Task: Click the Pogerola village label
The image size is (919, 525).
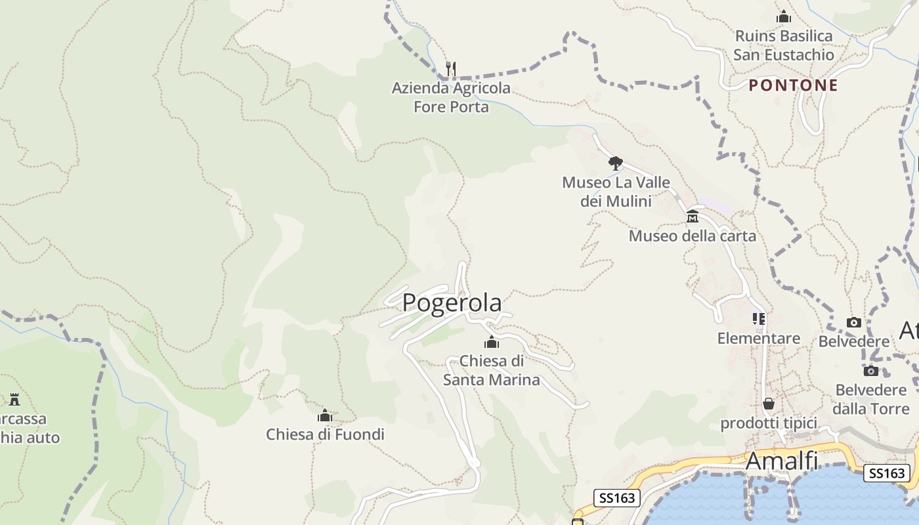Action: (452, 303)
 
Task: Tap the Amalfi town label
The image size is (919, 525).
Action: (782, 461)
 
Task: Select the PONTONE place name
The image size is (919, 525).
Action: (794, 85)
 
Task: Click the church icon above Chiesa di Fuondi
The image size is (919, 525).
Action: (325, 415)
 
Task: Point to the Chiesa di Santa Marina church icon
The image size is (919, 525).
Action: (491, 342)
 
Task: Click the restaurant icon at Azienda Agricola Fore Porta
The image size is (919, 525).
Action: (451, 68)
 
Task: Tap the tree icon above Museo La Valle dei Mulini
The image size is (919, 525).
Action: (615, 163)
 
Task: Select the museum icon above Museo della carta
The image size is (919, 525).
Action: (693, 217)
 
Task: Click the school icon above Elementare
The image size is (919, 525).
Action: (759, 320)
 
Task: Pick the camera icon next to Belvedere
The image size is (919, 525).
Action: (853, 322)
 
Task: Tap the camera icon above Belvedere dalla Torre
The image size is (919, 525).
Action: (871, 371)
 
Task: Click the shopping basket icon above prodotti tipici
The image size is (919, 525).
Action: (768, 404)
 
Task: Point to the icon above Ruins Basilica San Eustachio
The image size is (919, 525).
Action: (783, 17)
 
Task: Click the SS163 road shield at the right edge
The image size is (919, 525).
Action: (886, 473)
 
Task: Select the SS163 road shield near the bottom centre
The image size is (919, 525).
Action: (617, 498)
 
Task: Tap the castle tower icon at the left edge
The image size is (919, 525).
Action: (14, 399)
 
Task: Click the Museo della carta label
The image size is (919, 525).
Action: (693, 236)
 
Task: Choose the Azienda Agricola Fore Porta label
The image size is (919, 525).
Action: (451, 97)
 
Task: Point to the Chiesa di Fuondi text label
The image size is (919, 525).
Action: (325, 434)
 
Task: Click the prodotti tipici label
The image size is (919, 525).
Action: (768, 423)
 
